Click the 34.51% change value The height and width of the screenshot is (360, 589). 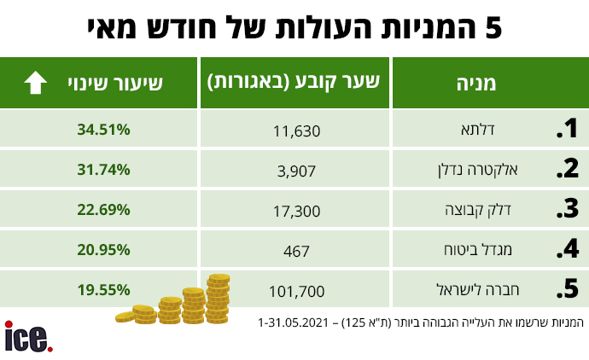click(x=103, y=130)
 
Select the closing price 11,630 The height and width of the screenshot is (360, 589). click(x=297, y=131)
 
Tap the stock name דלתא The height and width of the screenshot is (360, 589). click(x=478, y=130)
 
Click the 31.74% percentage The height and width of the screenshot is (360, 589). click(x=103, y=170)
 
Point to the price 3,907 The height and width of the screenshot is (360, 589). click(x=296, y=171)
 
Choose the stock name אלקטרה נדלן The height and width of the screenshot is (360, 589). click(x=477, y=170)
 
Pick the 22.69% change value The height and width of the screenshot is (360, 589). click(x=103, y=210)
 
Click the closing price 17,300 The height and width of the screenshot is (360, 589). click(x=297, y=212)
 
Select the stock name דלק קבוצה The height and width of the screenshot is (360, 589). click(x=478, y=210)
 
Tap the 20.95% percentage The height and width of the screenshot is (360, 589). click(x=103, y=250)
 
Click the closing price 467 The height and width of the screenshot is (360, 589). click(x=296, y=251)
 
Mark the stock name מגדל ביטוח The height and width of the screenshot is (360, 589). click(x=478, y=250)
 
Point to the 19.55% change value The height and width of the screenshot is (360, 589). click(x=103, y=290)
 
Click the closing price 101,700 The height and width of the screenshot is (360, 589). click(x=297, y=291)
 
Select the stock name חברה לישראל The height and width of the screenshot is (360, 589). click(x=478, y=290)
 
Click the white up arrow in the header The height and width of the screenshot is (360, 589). click(x=35, y=82)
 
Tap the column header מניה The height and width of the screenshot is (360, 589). click(x=476, y=84)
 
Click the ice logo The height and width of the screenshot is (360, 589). click(x=28, y=337)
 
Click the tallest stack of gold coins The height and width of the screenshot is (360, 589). click(x=219, y=299)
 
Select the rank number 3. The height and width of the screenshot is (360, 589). click(x=568, y=209)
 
